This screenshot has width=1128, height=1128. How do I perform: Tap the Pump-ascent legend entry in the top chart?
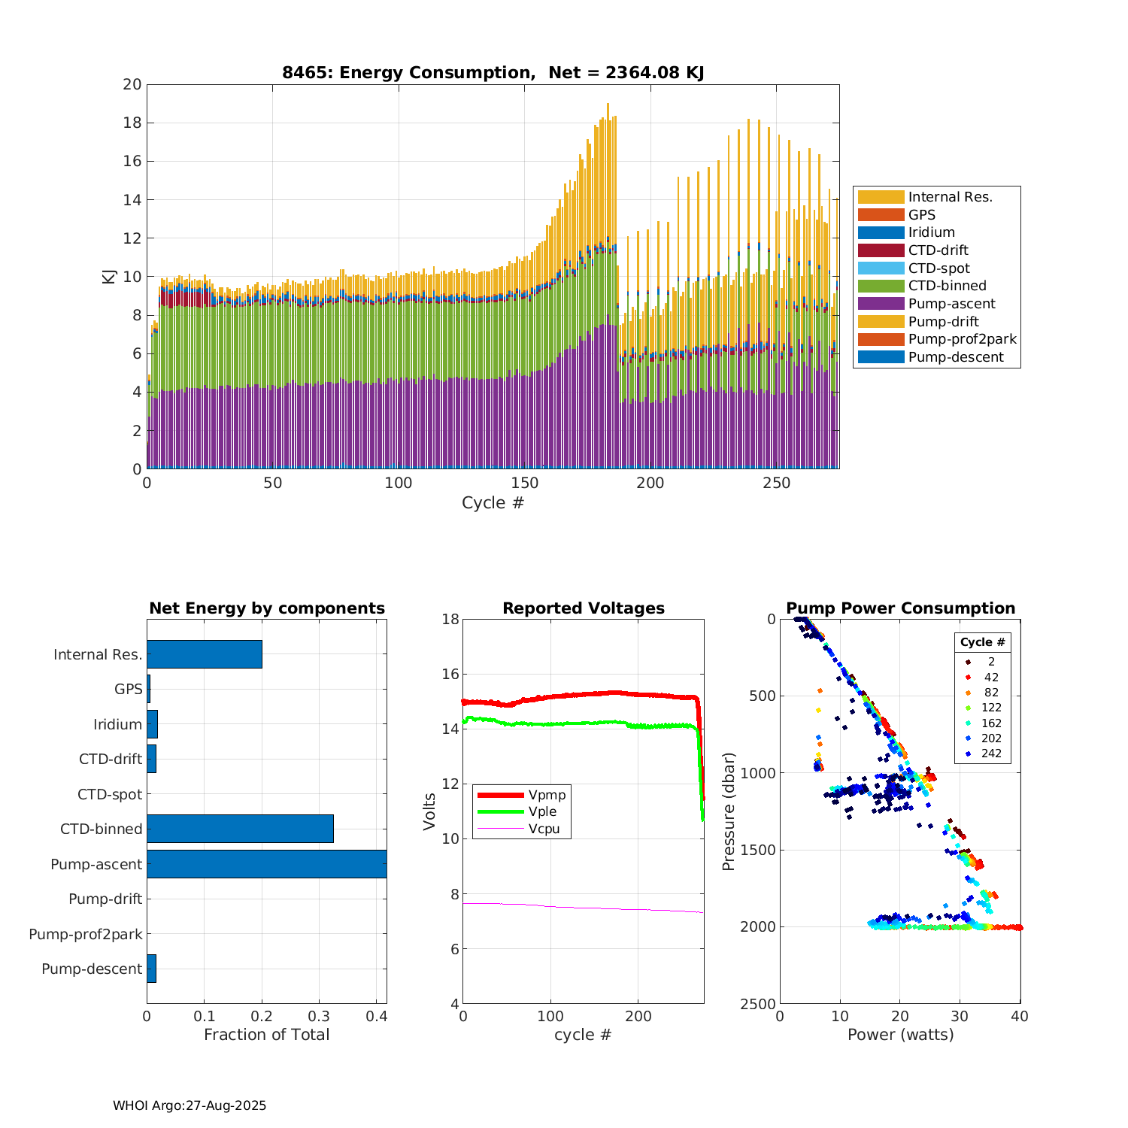951,304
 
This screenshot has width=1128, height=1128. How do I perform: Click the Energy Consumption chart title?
493,73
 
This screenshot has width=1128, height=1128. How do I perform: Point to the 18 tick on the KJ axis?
132,123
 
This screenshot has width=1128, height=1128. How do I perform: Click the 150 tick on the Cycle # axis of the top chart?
525,483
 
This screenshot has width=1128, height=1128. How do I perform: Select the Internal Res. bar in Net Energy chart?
205,654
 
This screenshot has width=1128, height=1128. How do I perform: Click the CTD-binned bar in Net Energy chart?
240,829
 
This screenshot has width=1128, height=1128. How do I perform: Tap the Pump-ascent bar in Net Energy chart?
266,864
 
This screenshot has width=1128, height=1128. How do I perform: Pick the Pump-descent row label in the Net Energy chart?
92,969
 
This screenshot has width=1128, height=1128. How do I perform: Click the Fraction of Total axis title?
266,1035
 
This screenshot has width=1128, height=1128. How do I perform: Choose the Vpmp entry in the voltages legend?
547,795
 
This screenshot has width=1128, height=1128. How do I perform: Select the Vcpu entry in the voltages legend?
544,829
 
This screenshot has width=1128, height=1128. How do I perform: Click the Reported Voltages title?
584,608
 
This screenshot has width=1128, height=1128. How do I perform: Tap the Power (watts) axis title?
900,1035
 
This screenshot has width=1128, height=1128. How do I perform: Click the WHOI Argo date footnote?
190,1105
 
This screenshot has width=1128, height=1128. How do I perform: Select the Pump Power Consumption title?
900,608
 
